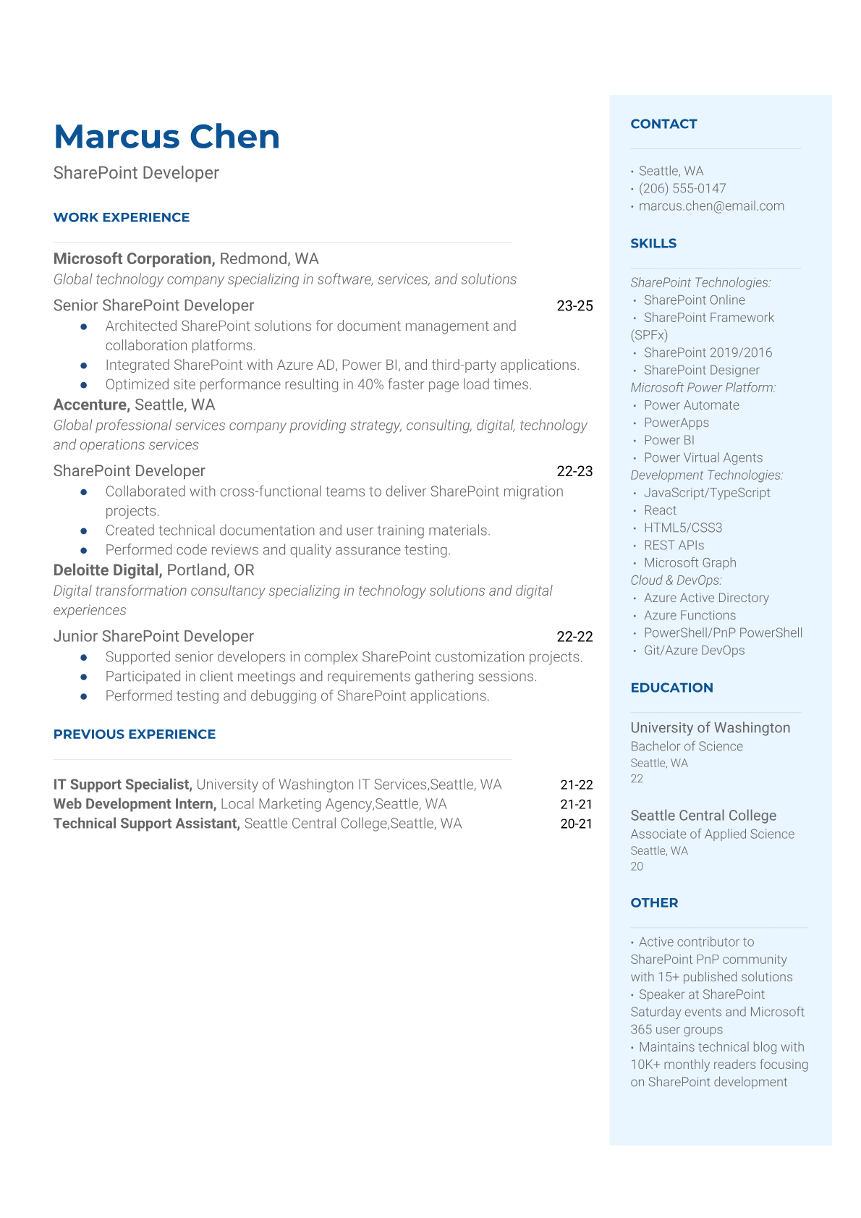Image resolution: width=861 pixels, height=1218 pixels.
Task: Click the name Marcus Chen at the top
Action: pyautogui.click(x=166, y=137)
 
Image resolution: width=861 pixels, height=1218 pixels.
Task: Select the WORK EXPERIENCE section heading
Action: pyautogui.click(x=122, y=217)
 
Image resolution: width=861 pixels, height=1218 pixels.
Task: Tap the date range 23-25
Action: pyautogui.click(x=574, y=306)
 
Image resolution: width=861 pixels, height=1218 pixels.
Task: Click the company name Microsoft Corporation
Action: pyautogui.click(x=133, y=259)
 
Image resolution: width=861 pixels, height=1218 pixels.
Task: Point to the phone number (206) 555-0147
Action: pyautogui.click(x=682, y=189)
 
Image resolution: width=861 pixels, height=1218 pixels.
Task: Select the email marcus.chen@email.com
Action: pyautogui.click(x=711, y=206)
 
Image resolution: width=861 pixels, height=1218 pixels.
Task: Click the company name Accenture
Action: pyautogui.click(x=90, y=405)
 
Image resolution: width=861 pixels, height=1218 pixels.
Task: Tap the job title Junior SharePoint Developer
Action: pyautogui.click(x=153, y=637)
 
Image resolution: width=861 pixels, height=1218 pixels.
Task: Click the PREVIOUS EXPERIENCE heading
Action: pyautogui.click(x=135, y=734)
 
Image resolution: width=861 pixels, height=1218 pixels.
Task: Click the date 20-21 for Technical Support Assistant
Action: pyautogui.click(x=576, y=824)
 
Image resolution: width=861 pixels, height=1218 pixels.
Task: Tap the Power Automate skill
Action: pyautogui.click(x=691, y=405)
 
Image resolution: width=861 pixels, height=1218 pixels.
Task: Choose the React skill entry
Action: pyautogui.click(x=660, y=510)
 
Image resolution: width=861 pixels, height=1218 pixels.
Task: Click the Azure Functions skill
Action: pyautogui.click(x=690, y=615)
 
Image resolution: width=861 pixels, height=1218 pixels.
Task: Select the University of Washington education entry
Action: pyautogui.click(x=710, y=728)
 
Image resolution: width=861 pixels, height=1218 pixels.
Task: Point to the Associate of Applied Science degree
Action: pyautogui.click(x=712, y=834)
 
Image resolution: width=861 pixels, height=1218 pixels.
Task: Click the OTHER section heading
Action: pyautogui.click(x=654, y=902)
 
